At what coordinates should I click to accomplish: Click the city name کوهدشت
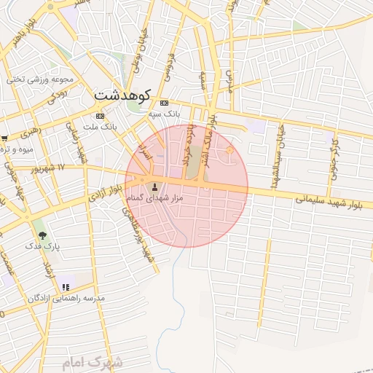[122, 95]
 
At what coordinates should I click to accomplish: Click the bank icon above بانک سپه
[164, 103]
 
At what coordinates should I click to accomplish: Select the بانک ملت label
[101, 127]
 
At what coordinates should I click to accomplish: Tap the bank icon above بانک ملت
[100, 116]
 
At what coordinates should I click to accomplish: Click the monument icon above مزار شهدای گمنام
[154, 186]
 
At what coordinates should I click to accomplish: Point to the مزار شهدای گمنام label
[154, 198]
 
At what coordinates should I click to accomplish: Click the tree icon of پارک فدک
[42, 235]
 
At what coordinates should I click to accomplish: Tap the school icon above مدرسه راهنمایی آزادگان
[66, 287]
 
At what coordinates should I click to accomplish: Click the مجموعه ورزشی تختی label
[40, 79]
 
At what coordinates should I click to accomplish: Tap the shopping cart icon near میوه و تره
[4, 138]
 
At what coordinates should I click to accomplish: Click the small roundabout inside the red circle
[230, 151]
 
